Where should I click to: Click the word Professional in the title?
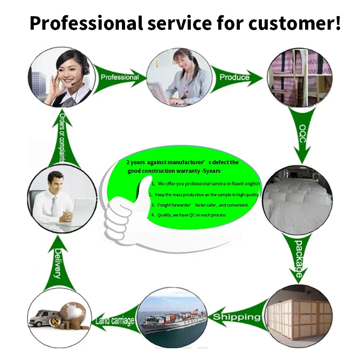pyautogui.click(x=85, y=23)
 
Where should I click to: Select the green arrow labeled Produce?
pyautogui.click(x=234, y=77)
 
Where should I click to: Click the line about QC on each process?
pyautogui.click(x=189, y=215)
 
